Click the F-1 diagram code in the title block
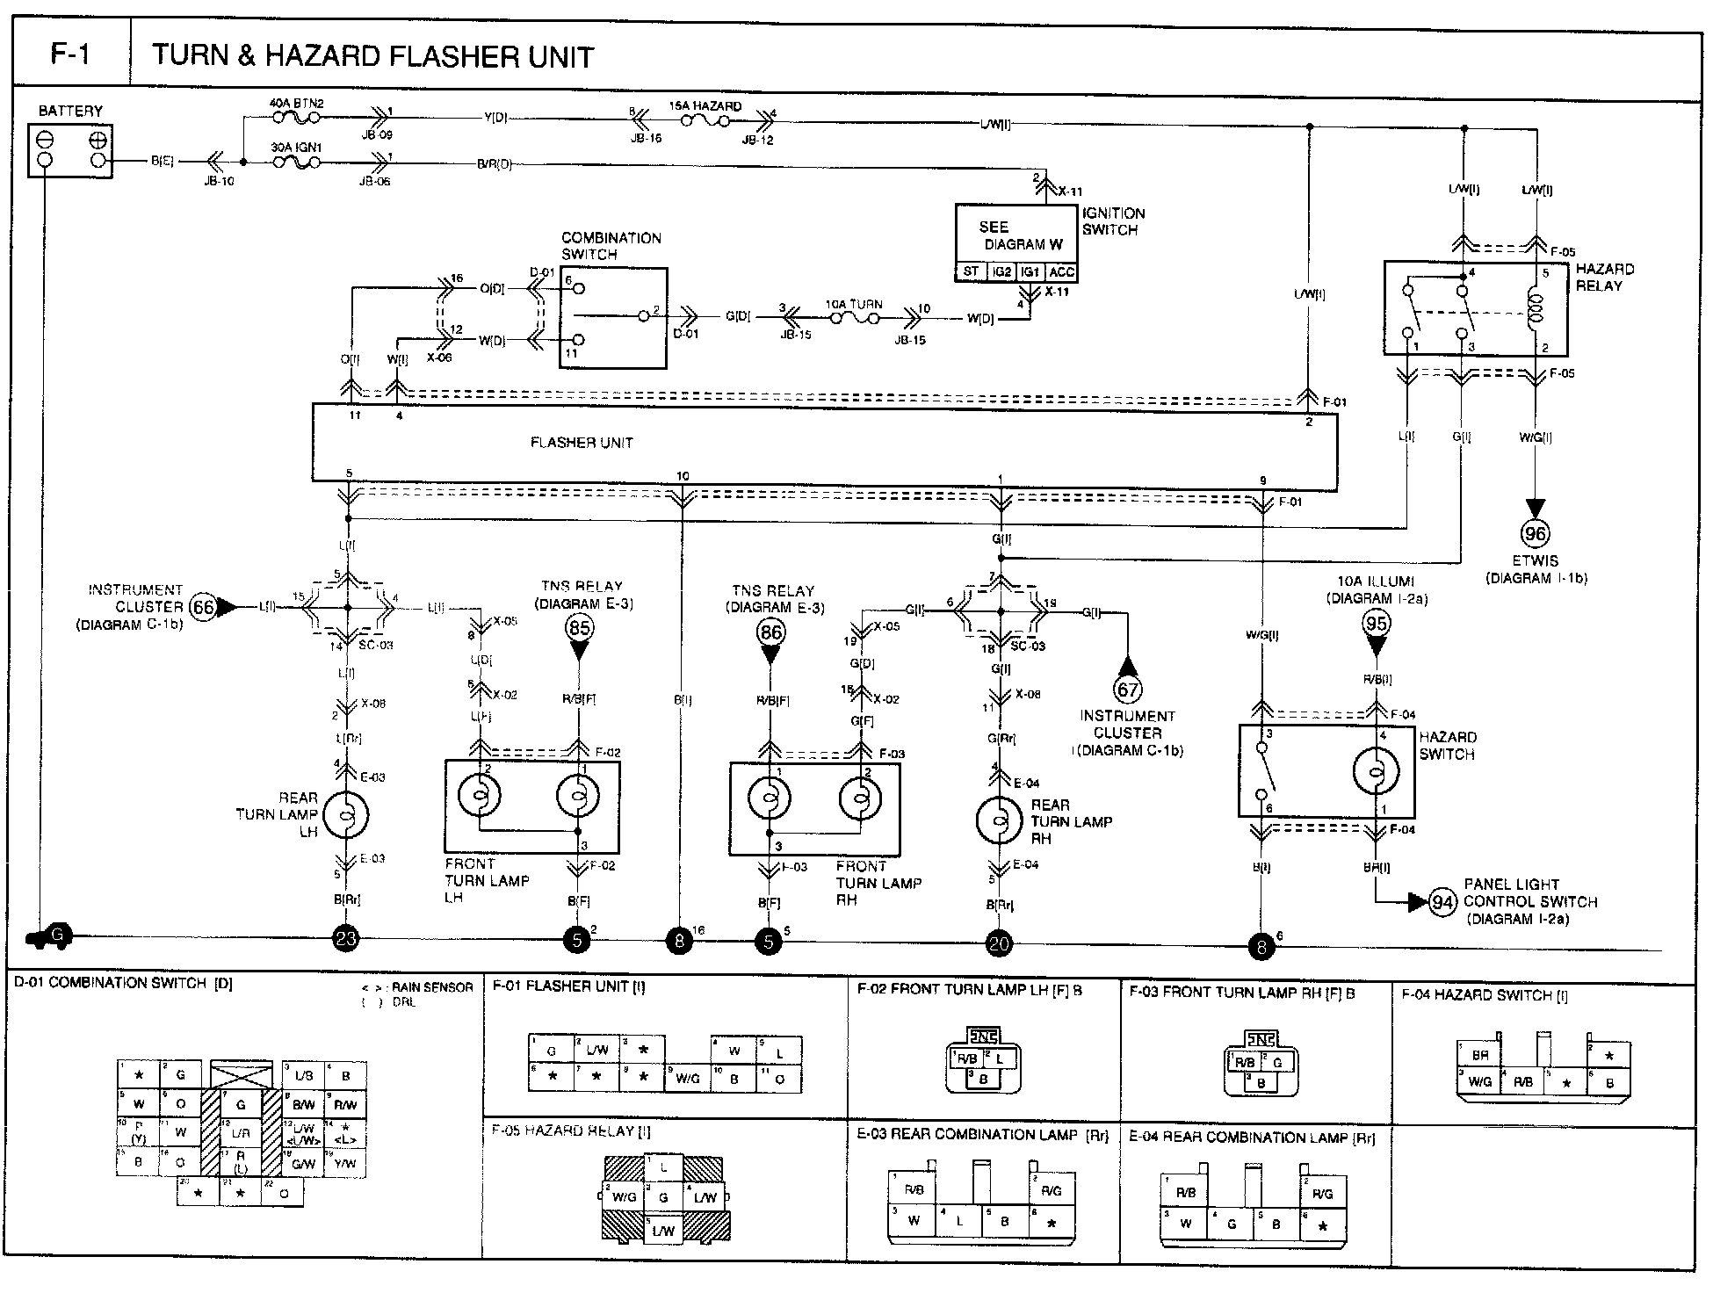(70, 55)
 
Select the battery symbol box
(70, 150)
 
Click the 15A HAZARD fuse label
(705, 106)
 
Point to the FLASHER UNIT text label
(582, 443)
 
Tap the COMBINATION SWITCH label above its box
(611, 246)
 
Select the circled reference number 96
(1535, 534)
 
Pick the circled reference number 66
(203, 606)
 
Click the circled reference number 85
(579, 627)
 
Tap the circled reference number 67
(1127, 689)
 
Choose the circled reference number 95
(1376, 624)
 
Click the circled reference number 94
(1442, 902)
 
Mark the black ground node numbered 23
(347, 939)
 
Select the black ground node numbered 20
(1000, 944)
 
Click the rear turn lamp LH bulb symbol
(346, 816)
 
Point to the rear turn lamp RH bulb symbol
(999, 820)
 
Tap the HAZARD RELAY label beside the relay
(1604, 277)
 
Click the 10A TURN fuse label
(853, 305)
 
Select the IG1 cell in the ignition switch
(1030, 272)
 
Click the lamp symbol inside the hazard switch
(1375, 772)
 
